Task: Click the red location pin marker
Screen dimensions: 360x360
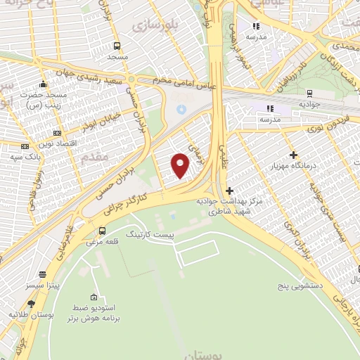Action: click(x=181, y=165)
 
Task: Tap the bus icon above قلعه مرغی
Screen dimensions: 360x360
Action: click(x=103, y=231)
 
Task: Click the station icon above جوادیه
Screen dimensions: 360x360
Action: click(x=309, y=94)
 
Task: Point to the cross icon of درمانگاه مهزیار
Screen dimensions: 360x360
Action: click(x=293, y=155)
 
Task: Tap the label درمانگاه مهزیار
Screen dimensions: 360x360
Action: click(x=294, y=167)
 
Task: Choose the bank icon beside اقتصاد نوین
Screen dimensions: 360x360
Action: click(x=57, y=134)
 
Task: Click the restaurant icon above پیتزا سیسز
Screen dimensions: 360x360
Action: click(x=43, y=274)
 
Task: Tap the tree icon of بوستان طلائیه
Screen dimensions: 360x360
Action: click(x=31, y=304)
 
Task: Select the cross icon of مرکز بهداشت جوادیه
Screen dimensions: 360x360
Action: click(x=229, y=191)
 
